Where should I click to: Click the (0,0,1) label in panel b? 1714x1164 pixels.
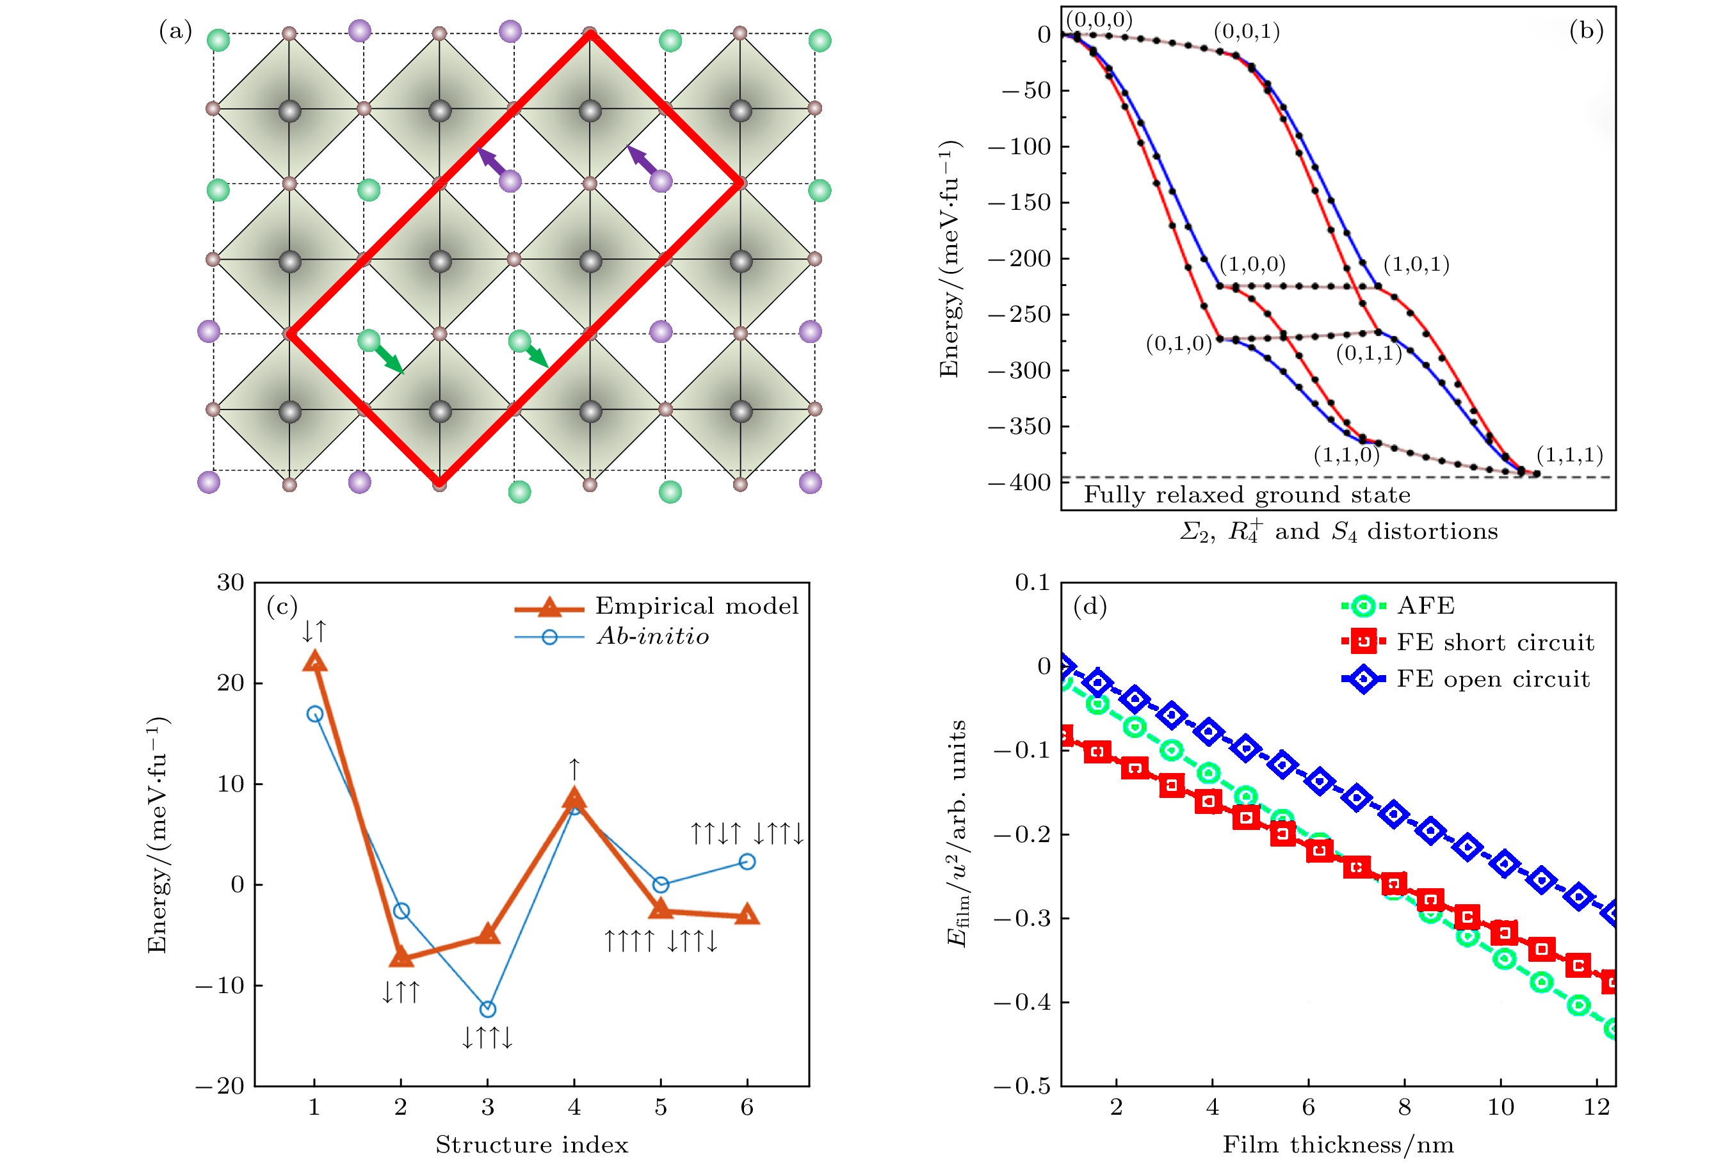tap(1247, 32)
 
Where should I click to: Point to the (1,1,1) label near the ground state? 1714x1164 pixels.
tap(1569, 454)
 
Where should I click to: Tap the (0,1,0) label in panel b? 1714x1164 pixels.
tap(1179, 344)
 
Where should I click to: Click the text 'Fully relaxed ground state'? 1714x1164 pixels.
tap(1247, 495)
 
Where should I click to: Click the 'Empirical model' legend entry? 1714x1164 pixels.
tap(696, 606)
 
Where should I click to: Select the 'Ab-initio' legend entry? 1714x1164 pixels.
tap(652, 636)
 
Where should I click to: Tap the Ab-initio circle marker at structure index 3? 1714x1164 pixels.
tap(487, 1009)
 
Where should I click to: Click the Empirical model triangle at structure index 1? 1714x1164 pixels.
tap(315, 661)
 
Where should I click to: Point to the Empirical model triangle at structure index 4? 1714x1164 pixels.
tap(574, 799)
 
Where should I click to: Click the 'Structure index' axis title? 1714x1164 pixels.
tap(532, 1145)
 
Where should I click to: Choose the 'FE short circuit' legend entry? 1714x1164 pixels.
tap(1495, 642)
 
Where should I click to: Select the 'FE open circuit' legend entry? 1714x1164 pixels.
tap(1492, 679)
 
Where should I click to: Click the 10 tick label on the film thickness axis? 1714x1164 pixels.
tap(1500, 1107)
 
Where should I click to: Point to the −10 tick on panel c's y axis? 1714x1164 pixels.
tap(219, 985)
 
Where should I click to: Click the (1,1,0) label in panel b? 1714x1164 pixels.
tap(1346, 454)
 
